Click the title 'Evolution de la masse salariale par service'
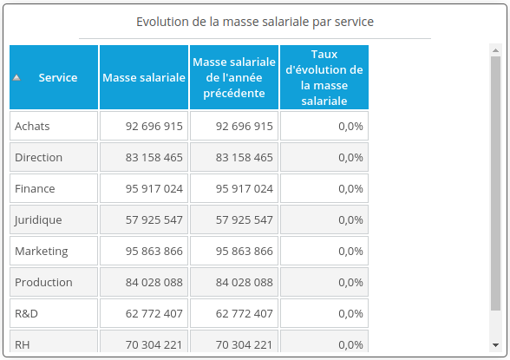(255, 21)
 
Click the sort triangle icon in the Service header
(16, 78)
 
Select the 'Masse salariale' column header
(144, 77)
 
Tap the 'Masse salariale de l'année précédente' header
(234, 77)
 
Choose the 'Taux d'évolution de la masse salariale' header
(324, 77)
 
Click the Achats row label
(33, 126)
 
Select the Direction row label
(39, 157)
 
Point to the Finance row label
(35, 188)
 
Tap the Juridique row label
(38, 219)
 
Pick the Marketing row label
(41, 251)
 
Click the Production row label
(43, 282)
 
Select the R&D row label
(27, 313)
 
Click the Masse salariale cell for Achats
(154, 126)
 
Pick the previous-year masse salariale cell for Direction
(244, 157)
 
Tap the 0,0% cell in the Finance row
(350, 188)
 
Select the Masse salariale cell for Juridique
(154, 219)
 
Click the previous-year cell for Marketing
(244, 251)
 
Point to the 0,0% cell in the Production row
(350, 282)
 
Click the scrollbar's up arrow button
(495, 50)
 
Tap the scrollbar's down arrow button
(495, 343)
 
